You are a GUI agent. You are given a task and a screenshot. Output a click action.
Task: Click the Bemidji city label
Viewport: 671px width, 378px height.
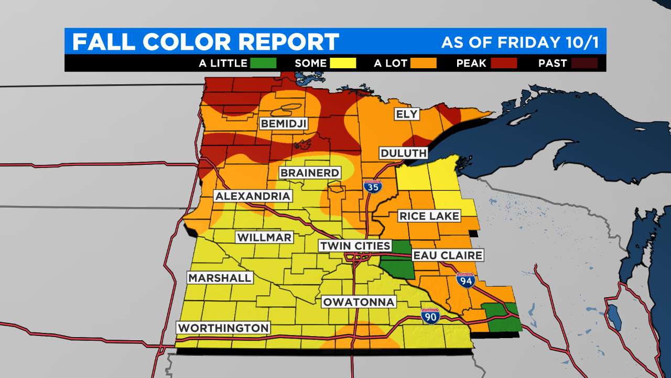[x=284, y=124]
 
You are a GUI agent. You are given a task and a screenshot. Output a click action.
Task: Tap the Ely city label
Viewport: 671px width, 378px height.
[x=406, y=114]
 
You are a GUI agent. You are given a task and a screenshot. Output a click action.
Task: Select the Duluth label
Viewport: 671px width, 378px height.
[x=404, y=153]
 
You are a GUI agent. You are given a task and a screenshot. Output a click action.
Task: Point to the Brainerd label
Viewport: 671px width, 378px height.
[x=310, y=173]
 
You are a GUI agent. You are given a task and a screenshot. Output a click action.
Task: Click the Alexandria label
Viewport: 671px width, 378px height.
[x=253, y=196]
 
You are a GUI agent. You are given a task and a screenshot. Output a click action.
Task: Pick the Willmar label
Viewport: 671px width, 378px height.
[x=264, y=237]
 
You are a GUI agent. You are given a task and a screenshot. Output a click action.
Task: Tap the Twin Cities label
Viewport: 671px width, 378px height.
[x=355, y=246]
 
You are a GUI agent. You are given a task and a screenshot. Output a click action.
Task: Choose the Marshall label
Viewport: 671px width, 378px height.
[x=220, y=278]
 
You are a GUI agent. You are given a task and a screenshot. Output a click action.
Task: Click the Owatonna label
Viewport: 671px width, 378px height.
[x=359, y=302]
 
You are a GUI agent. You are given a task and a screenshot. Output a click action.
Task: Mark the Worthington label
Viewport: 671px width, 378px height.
[x=223, y=328]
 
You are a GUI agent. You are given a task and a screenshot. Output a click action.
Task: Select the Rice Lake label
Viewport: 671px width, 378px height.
[x=429, y=216]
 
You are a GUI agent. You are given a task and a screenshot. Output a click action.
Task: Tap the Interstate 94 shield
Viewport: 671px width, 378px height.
[x=465, y=281]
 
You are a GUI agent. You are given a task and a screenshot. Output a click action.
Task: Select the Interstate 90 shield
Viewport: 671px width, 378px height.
[x=430, y=316]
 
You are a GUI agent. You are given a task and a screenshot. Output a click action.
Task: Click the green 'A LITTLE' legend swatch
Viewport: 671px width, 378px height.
[x=263, y=64]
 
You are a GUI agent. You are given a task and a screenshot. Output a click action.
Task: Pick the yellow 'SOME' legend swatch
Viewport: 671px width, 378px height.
[x=343, y=64]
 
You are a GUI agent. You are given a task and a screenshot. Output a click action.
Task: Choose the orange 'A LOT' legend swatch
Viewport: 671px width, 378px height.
[x=424, y=64]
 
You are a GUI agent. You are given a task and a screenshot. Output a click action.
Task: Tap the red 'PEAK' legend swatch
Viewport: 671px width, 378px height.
[x=504, y=64]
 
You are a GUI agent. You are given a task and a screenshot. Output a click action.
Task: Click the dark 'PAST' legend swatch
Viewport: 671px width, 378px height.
[x=585, y=64]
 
